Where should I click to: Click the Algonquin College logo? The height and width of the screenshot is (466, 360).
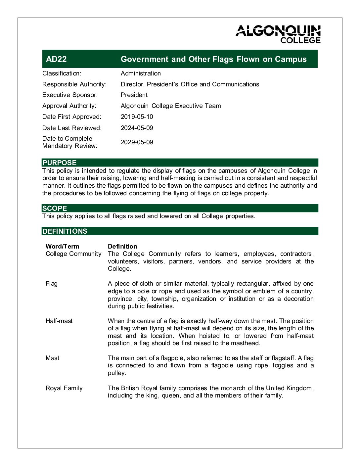pyautogui.click(x=278, y=34)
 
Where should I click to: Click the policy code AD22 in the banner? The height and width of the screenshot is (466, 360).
pyautogui.click(x=56, y=59)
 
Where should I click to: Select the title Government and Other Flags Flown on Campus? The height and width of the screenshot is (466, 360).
pyautogui.click(x=213, y=59)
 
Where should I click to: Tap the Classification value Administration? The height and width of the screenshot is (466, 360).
pyautogui.click(x=141, y=73)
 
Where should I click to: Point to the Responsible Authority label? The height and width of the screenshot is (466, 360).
pyautogui.click(x=74, y=84)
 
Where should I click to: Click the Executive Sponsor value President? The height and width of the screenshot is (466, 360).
pyautogui.click(x=134, y=95)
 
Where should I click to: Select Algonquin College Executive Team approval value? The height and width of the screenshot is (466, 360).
pyautogui.click(x=171, y=106)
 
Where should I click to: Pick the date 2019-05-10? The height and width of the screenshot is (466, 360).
pyautogui.click(x=137, y=117)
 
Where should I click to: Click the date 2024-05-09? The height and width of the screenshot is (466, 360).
pyautogui.click(x=137, y=128)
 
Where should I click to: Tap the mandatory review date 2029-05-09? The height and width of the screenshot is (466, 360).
pyautogui.click(x=137, y=142)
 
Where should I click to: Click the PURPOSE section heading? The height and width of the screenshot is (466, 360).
pyautogui.click(x=60, y=163)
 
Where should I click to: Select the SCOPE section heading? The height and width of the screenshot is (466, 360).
pyautogui.click(x=55, y=209)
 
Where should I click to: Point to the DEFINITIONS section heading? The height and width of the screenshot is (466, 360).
pyautogui.click(x=65, y=231)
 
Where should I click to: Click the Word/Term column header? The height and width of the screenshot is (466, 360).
pyautogui.click(x=62, y=246)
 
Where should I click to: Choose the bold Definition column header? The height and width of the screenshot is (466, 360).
pyautogui.click(x=122, y=246)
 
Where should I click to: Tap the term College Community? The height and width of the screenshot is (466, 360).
pyautogui.click(x=73, y=254)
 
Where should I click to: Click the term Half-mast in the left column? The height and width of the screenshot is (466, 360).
pyautogui.click(x=59, y=321)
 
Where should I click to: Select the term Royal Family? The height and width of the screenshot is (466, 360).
pyautogui.click(x=64, y=388)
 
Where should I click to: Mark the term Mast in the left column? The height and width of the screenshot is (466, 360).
pyautogui.click(x=52, y=358)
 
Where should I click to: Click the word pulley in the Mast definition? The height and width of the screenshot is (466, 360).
pyautogui.click(x=117, y=373)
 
